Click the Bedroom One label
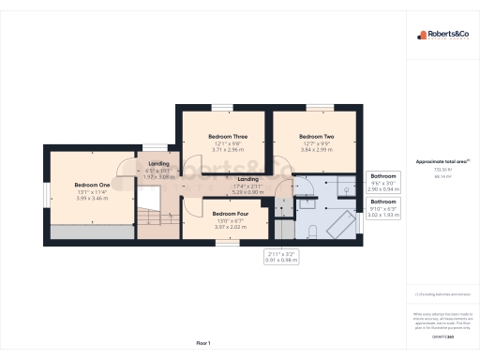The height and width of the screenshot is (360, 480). pos(93,185)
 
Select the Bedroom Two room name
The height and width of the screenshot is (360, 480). pos(317,136)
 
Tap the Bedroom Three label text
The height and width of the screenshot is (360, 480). pos(227,136)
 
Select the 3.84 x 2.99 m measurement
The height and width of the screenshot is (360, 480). pos(317,149)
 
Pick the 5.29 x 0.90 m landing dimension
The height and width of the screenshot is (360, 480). pos(248,191)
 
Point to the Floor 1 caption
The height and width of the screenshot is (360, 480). pos(203,344)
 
